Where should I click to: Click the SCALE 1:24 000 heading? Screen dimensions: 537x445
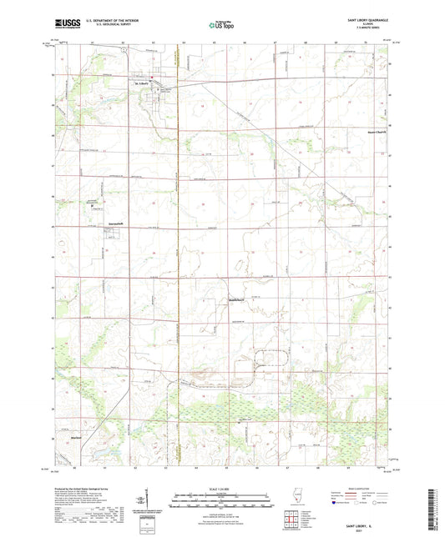tap(220, 489)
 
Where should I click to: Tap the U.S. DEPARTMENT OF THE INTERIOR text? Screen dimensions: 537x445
tap(103, 23)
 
